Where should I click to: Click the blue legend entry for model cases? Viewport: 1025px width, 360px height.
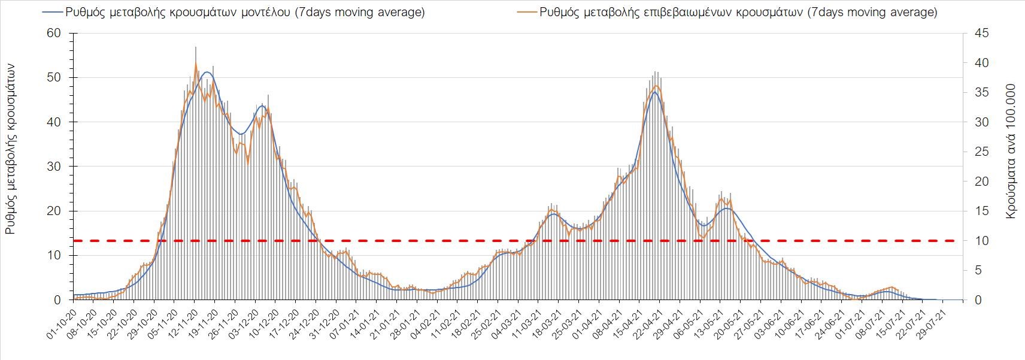233,13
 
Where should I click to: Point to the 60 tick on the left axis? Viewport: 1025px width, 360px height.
54,33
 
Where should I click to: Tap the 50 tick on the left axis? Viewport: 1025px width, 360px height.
54,78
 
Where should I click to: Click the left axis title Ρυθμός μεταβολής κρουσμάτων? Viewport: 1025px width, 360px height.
11,150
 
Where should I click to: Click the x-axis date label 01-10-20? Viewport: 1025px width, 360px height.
61,323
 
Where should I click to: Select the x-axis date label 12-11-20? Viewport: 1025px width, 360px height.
183,323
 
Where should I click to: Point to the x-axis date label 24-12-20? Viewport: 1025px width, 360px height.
304,323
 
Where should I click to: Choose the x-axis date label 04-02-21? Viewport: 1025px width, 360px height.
426,323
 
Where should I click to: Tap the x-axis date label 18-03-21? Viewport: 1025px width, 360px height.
547,323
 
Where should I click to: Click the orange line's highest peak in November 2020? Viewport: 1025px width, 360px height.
196,63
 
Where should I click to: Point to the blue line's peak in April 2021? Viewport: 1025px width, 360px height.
655,92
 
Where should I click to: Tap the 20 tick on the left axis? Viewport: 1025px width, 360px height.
54,211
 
